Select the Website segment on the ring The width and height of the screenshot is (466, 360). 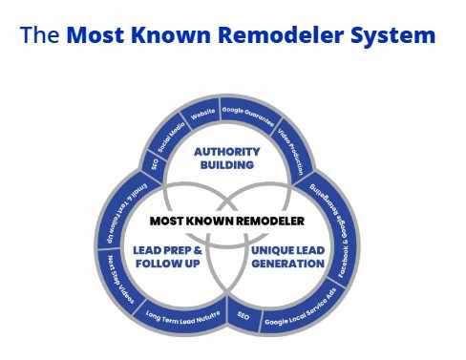[202, 113]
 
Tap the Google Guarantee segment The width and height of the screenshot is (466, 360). [247, 111]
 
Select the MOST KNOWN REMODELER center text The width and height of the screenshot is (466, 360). [226, 221]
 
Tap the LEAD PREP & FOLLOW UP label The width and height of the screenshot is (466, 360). [167, 257]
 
